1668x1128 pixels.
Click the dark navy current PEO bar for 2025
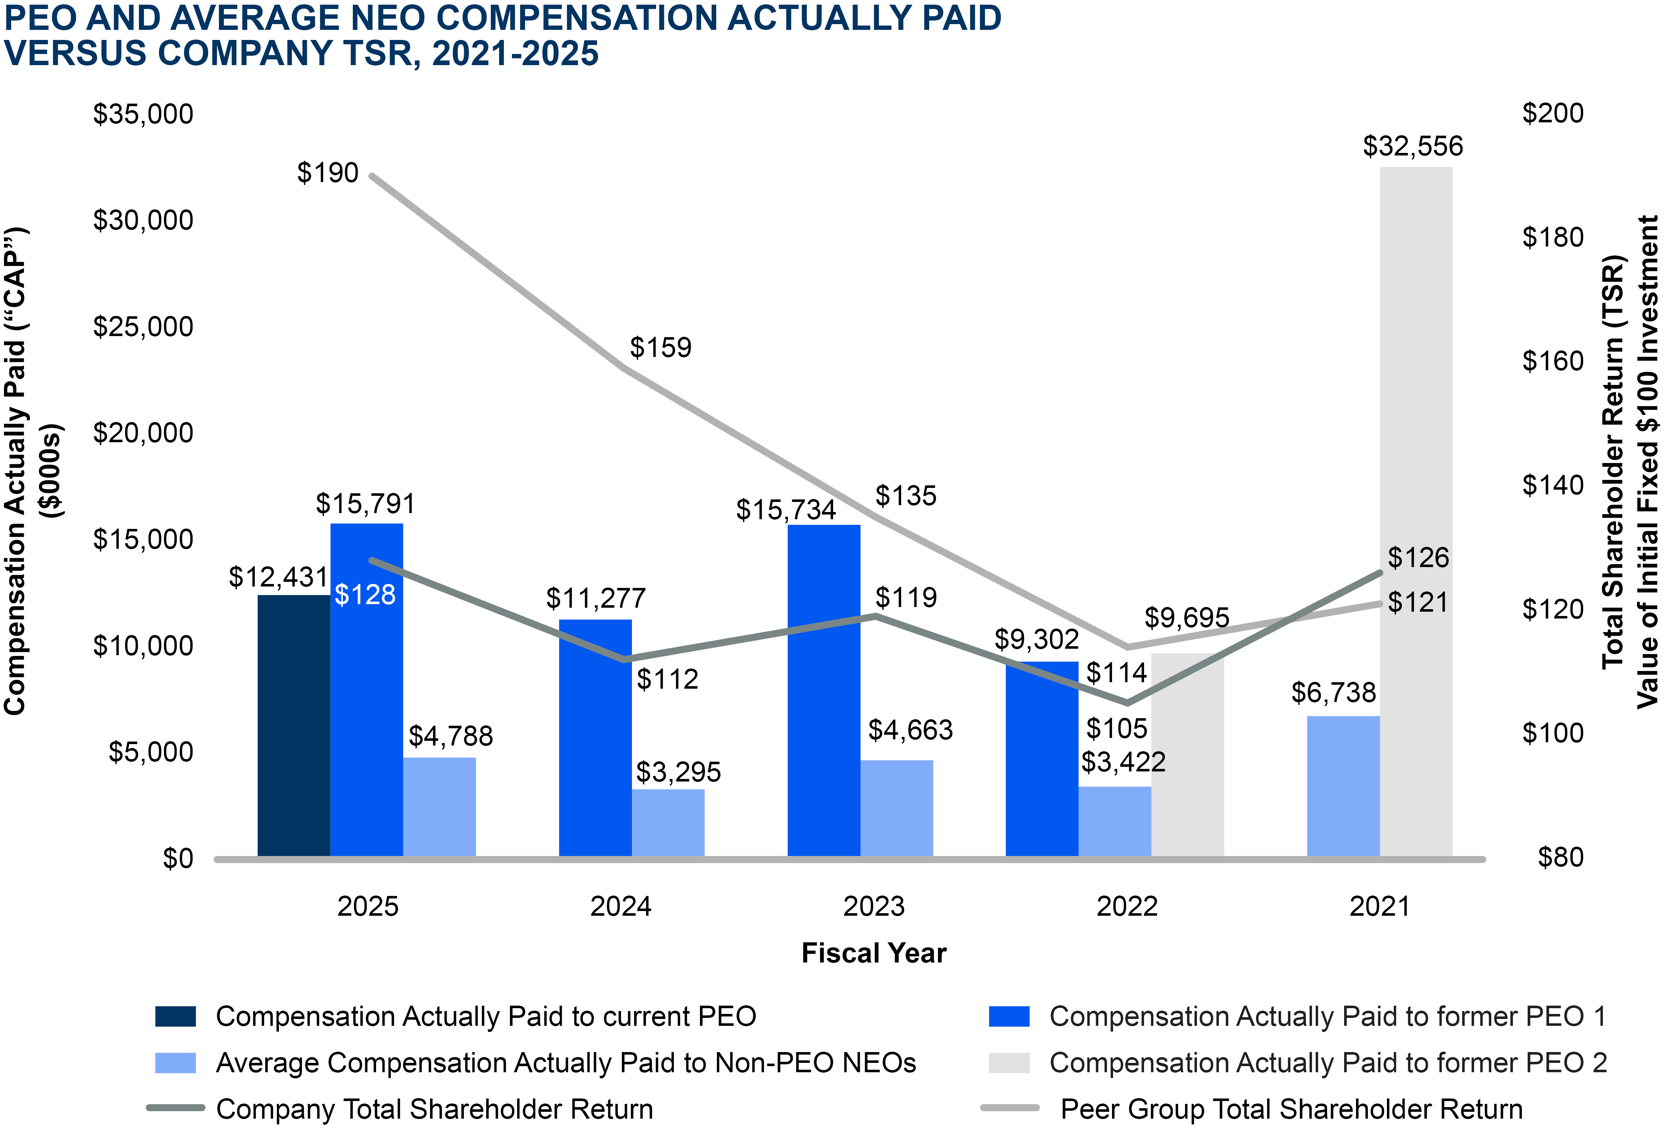click(294, 725)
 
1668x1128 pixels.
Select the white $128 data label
click(365, 595)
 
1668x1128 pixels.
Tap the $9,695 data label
click(1186, 618)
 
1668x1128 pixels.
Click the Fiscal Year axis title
click(873, 953)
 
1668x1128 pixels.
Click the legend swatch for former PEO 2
click(1008, 1063)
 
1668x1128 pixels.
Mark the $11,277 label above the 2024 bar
click(596, 598)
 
